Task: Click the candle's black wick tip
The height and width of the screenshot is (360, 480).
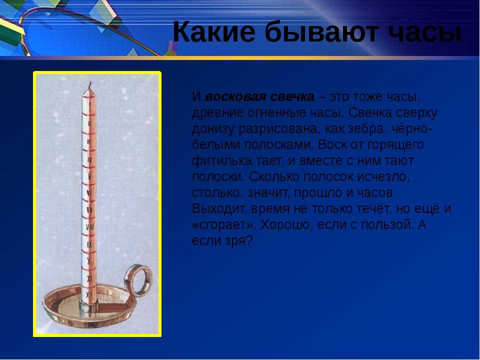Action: point(90,82)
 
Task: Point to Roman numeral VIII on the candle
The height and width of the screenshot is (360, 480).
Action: point(90,227)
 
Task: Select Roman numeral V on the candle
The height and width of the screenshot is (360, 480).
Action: point(89,176)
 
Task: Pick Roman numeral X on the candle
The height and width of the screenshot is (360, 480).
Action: point(89,261)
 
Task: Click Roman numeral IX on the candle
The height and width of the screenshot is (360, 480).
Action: point(89,244)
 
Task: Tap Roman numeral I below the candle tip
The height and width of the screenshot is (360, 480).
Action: point(89,105)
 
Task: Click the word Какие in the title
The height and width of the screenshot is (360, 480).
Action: point(214,32)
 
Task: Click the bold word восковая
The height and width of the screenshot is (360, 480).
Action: point(235,96)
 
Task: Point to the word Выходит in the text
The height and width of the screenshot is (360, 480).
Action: point(220,209)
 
